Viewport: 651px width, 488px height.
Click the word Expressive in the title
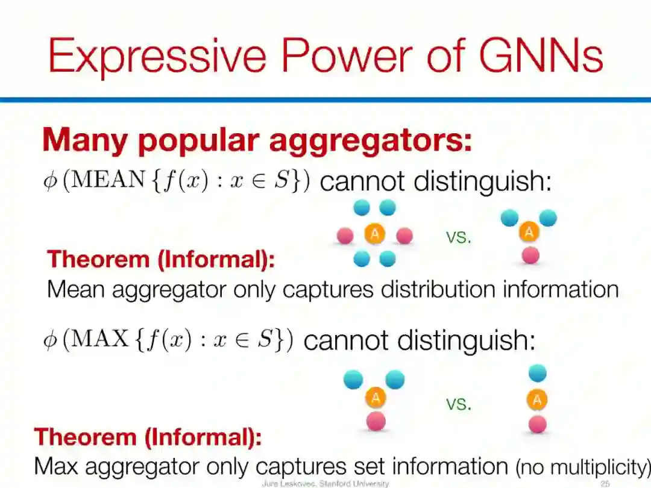click(x=157, y=55)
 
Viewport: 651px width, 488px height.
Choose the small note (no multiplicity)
click(x=582, y=467)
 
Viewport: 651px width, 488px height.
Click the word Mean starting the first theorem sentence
click(x=76, y=289)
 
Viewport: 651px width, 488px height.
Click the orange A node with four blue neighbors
click(x=374, y=234)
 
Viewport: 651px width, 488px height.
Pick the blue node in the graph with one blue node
click(x=536, y=373)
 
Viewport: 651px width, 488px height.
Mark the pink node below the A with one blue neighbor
click(x=536, y=424)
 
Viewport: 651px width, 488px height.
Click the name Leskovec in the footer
click(x=294, y=483)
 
